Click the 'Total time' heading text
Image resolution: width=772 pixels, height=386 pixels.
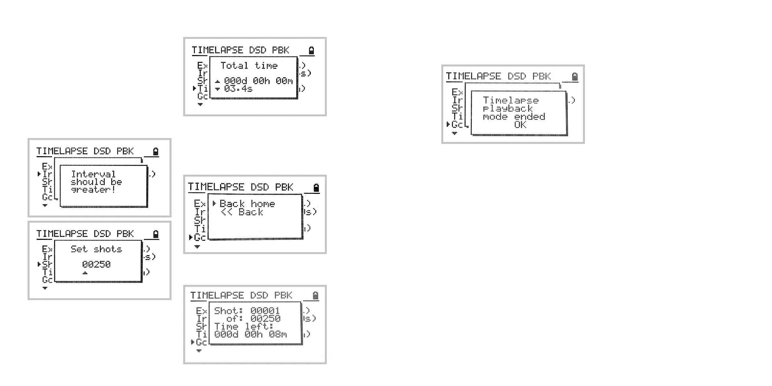pyautogui.click(x=249, y=65)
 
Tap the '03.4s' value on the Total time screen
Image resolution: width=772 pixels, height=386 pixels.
pyautogui.click(x=238, y=89)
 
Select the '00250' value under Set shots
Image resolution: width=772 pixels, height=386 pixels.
pyautogui.click(x=96, y=264)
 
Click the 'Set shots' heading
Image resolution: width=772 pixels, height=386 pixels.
pyautogui.click(x=96, y=249)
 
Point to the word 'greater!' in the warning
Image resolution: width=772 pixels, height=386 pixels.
pyautogui.click(x=93, y=190)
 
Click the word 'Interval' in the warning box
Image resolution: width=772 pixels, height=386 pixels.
pyautogui.click(x=93, y=174)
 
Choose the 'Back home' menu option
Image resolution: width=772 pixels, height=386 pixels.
pyautogui.click(x=247, y=204)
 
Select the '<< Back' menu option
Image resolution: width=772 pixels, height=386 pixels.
pyautogui.click(x=242, y=212)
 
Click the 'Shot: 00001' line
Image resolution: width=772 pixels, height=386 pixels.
pyautogui.click(x=247, y=310)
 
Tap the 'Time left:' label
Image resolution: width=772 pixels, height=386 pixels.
pyautogui.click(x=243, y=326)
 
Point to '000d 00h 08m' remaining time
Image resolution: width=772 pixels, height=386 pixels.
pyautogui.click(x=250, y=334)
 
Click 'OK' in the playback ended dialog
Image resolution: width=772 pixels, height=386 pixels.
pyautogui.click(x=520, y=125)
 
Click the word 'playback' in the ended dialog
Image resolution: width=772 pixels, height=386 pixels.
pyautogui.click(x=507, y=109)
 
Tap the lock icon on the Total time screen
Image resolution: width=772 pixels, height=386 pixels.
pyautogui.click(x=311, y=51)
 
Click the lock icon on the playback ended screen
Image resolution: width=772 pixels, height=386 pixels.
pyautogui.click(x=575, y=77)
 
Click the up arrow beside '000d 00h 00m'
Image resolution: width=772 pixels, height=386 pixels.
pyautogui.click(x=218, y=81)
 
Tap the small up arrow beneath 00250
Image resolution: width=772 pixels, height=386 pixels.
pyautogui.click(x=85, y=273)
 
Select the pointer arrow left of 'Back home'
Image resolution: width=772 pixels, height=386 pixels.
pyautogui.click(x=214, y=204)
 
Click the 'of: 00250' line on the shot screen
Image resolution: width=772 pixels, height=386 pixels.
pyautogui.click(x=253, y=319)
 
